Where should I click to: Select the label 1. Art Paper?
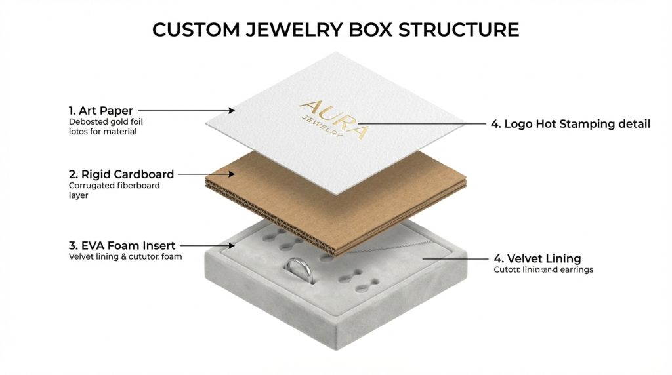coord(102,111)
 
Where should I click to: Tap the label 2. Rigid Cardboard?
coord(121,174)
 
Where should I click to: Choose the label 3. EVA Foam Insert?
coord(122,246)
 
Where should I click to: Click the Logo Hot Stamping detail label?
coord(570,123)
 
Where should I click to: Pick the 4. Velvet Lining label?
coord(537,258)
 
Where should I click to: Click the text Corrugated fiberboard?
coord(114,186)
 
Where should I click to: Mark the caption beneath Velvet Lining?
coord(543,269)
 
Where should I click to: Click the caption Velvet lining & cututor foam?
coord(125,257)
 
